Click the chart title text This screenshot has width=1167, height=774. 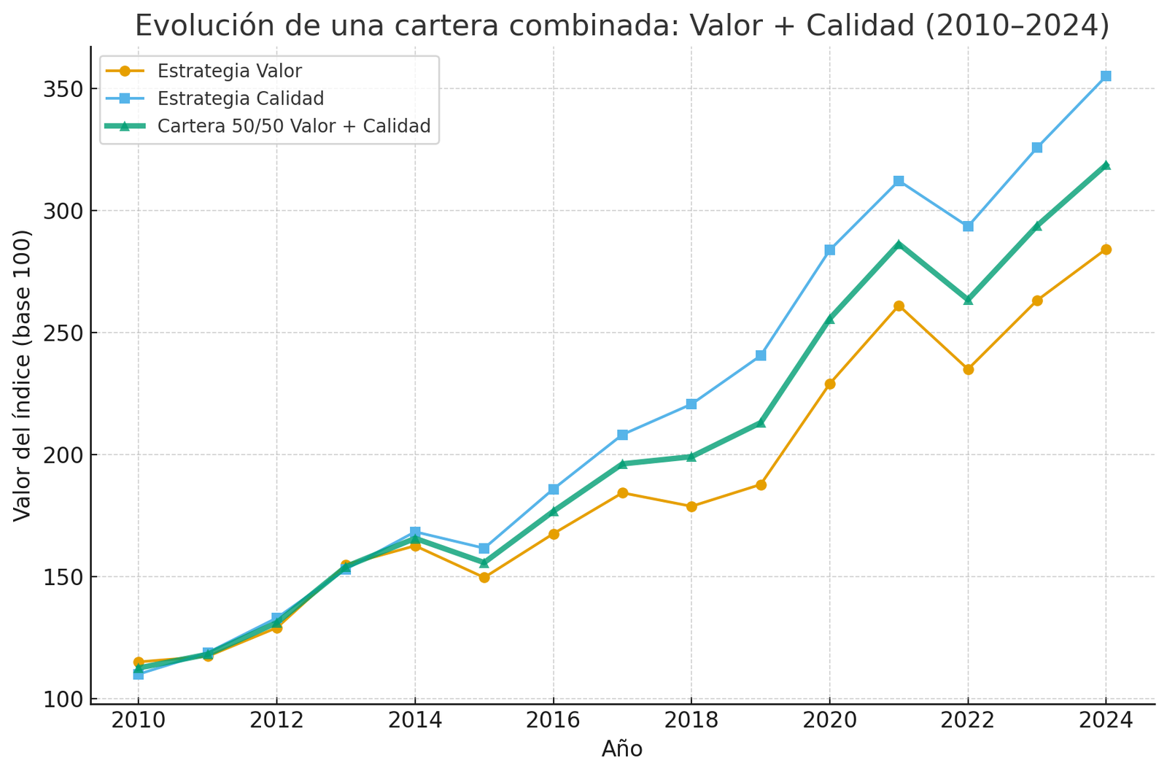tap(622, 26)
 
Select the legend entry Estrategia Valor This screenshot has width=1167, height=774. tap(229, 71)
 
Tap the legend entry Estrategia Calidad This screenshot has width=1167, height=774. tap(240, 98)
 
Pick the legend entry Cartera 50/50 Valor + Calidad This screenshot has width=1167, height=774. tap(293, 126)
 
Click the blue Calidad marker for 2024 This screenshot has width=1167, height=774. tap(1106, 76)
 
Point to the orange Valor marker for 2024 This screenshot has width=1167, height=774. tap(1106, 249)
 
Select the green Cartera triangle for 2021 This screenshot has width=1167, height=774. tap(899, 244)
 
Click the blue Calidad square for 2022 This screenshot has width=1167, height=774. tap(968, 226)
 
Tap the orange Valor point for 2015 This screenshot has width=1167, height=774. tap(484, 577)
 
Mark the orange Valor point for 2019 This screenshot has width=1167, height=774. tap(761, 485)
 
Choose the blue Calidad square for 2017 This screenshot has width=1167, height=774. tap(622, 435)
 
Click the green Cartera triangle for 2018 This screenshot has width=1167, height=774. tap(691, 457)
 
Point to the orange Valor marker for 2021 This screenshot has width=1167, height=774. tap(899, 306)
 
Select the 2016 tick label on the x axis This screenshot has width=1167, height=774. tap(553, 721)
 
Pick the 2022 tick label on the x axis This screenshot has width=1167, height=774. tap(968, 721)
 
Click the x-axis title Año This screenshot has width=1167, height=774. tap(622, 749)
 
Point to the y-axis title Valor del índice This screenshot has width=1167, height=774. tap(23, 375)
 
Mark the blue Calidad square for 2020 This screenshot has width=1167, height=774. tap(829, 250)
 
